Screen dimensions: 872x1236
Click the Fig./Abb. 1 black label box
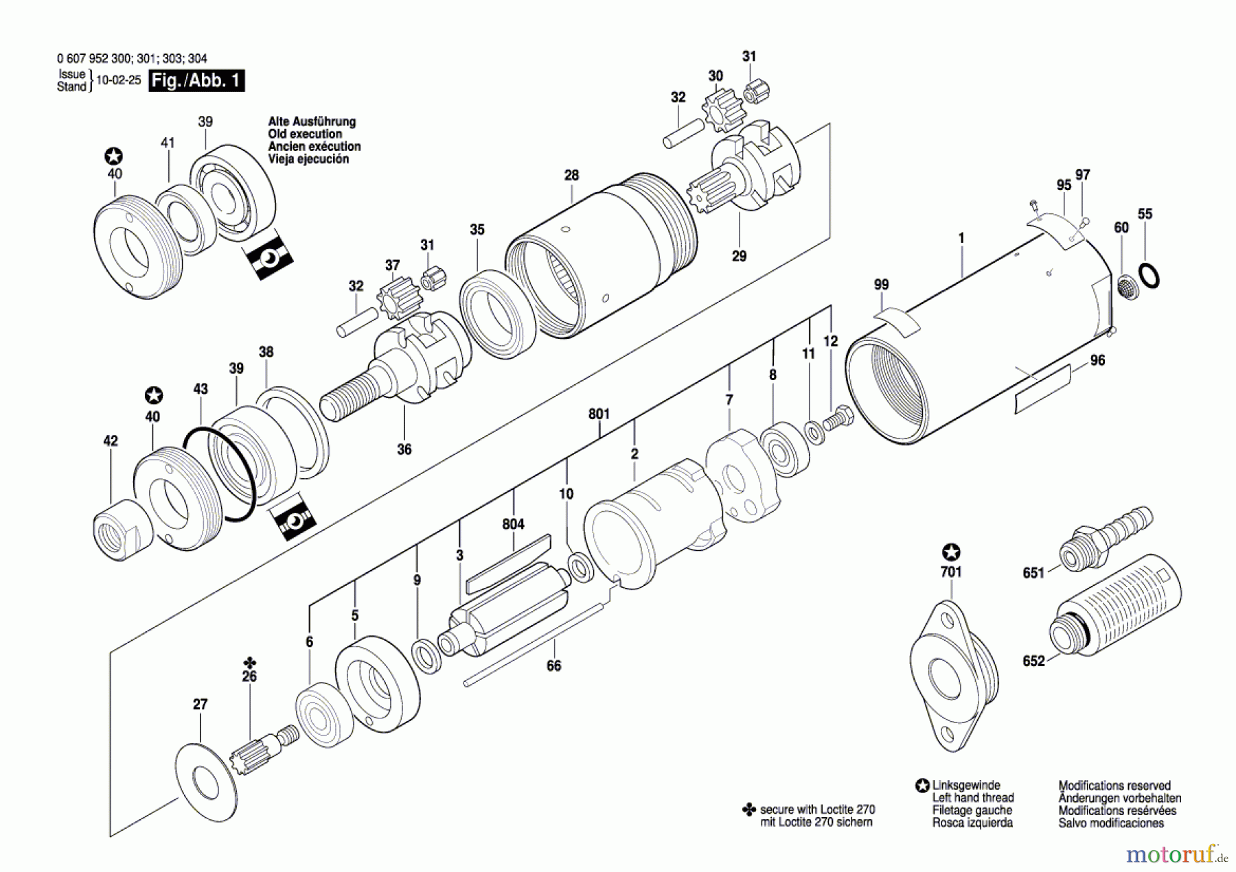pos(196,81)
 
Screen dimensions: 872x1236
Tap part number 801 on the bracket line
pos(599,414)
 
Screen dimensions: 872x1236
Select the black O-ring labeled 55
pos(1149,275)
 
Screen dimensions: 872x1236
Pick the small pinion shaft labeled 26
pos(264,749)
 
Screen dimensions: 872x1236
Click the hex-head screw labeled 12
pos(838,418)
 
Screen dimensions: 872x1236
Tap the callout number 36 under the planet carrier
pos(404,449)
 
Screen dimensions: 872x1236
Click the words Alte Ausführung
pos(312,121)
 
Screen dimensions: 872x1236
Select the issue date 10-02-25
pos(118,80)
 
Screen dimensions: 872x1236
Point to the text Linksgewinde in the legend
pos(965,785)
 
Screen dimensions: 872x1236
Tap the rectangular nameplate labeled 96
pos(1042,390)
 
